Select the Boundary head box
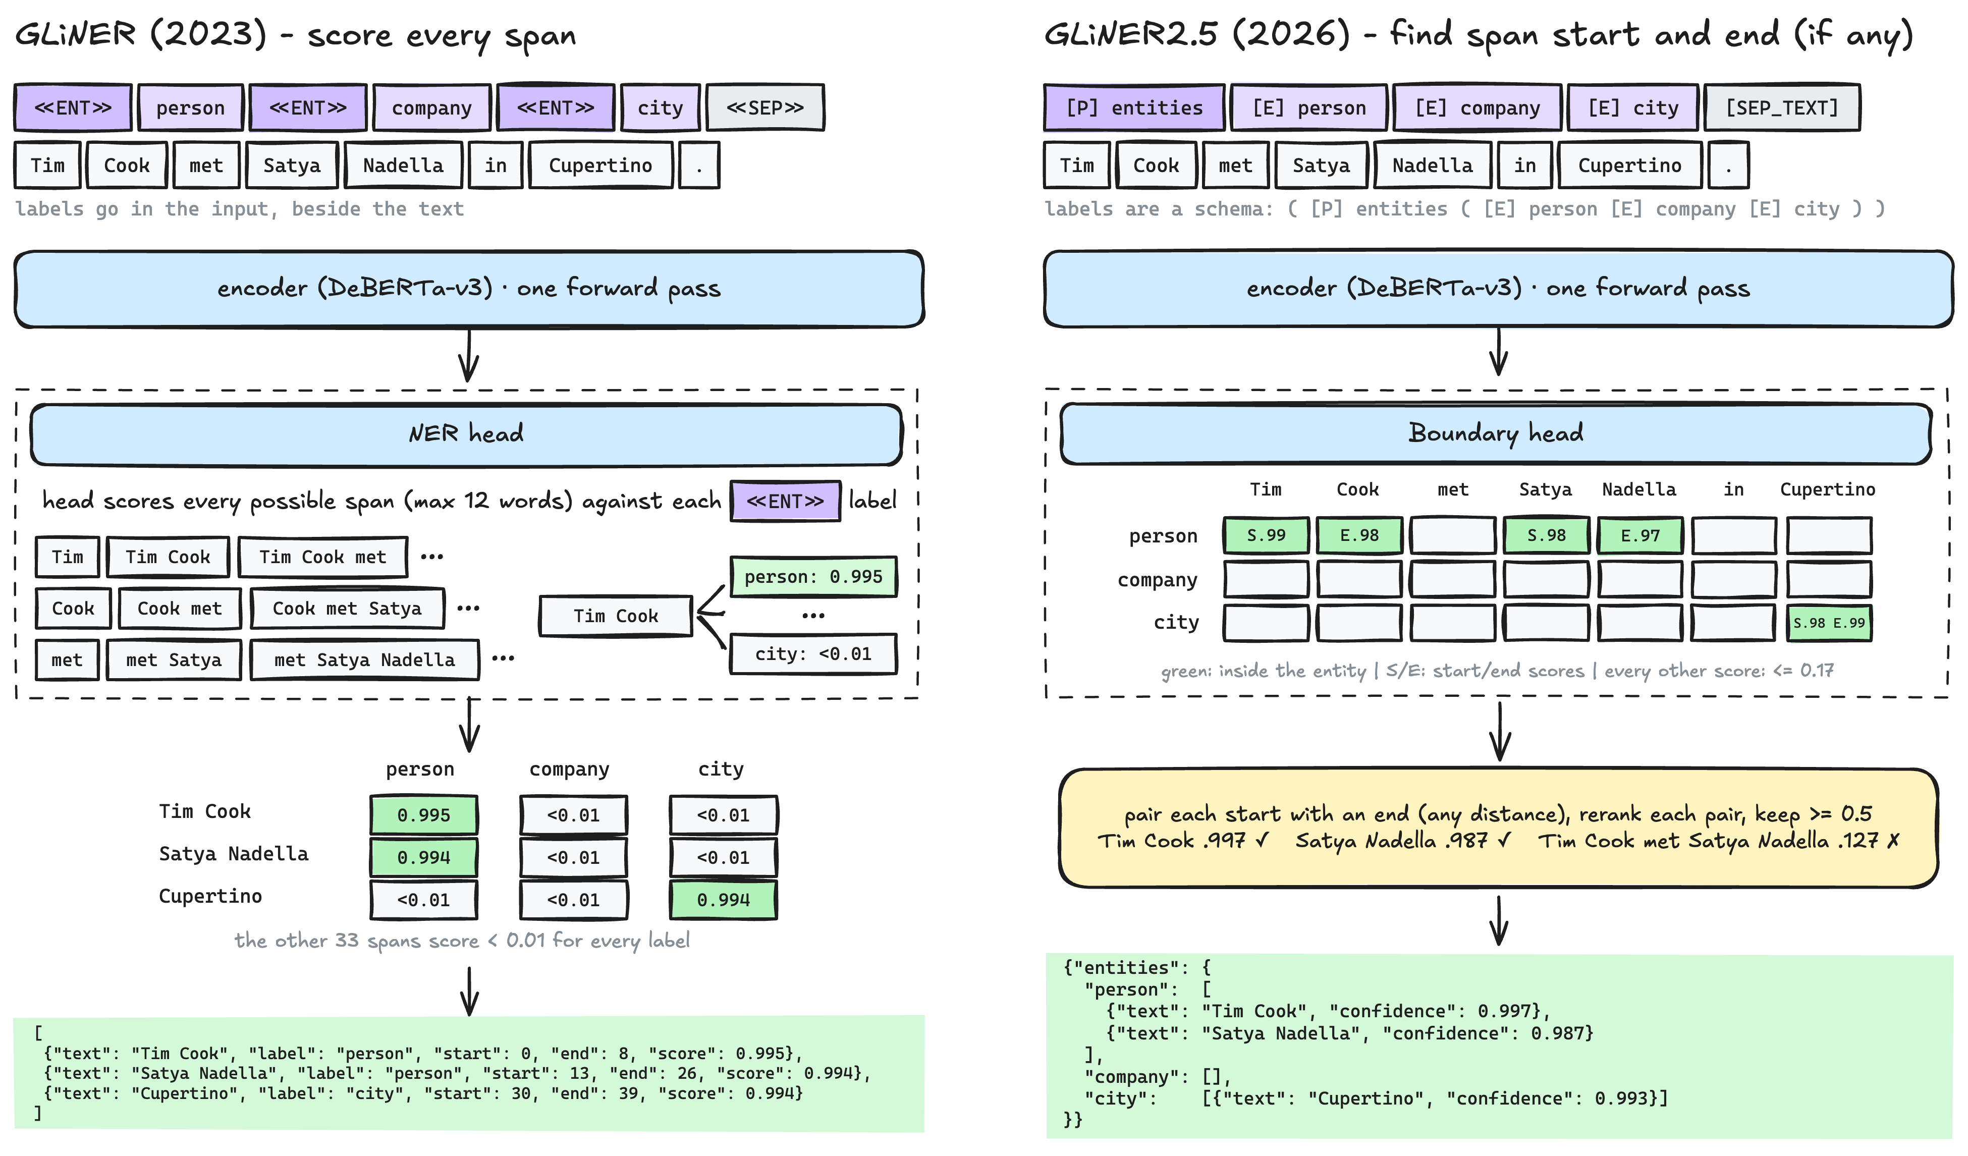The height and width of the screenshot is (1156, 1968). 1496,433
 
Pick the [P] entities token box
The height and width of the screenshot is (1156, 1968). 1134,108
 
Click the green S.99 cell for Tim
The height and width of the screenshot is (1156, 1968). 1266,536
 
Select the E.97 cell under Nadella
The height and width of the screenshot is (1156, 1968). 1640,536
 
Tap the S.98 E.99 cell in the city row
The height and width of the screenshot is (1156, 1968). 1829,623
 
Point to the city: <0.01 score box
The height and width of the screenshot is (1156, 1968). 813,654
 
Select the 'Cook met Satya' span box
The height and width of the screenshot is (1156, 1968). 347,609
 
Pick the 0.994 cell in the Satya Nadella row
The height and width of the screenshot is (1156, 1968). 423,858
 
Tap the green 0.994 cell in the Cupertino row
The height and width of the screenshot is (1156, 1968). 723,900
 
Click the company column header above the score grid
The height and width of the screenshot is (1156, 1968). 569,769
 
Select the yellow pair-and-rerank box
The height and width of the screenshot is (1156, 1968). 1498,829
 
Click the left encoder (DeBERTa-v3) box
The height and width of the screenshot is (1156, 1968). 469,289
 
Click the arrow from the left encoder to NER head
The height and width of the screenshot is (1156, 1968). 469,355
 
